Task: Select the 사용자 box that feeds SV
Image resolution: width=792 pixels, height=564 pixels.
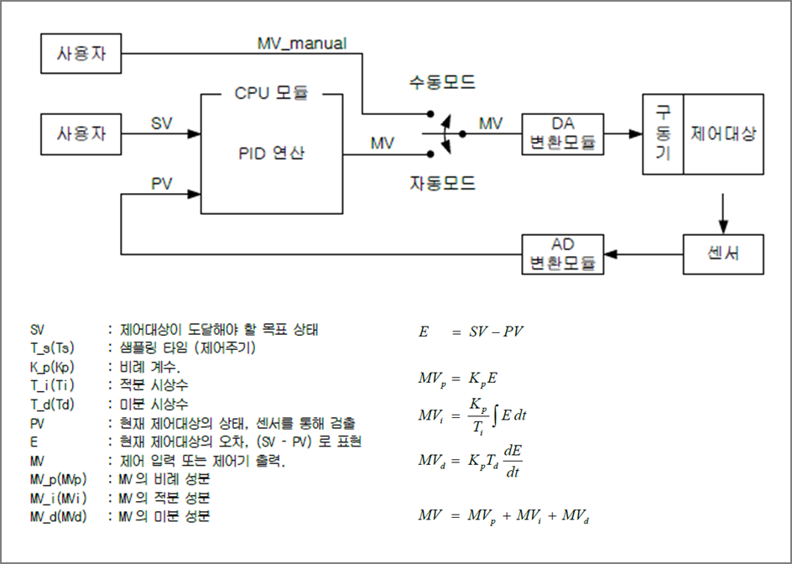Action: coord(81,133)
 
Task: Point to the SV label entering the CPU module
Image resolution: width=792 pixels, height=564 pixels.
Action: coord(161,123)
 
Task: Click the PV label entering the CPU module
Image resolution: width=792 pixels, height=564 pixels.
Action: coord(162,182)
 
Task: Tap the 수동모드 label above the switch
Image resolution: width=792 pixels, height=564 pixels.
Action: coord(441,82)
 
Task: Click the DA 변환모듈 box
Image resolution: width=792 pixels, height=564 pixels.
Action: coord(562,133)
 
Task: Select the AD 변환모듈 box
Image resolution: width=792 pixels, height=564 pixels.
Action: coord(562,253)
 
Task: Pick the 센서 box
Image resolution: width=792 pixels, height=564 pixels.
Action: coord(723,253)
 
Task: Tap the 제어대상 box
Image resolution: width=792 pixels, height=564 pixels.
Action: coord(723,133)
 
